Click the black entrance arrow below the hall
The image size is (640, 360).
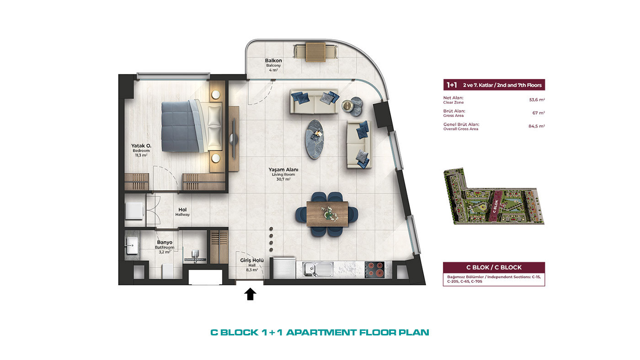[251, 294]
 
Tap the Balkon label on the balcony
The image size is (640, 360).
[273, 60]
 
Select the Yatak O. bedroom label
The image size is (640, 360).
[141, 146]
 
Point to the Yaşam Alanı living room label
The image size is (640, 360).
[283, 169]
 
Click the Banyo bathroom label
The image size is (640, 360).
[165, 243]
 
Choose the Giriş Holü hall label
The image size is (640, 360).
[252, 260]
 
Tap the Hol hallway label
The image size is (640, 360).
[182, 210]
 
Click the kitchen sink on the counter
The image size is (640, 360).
[318, 270]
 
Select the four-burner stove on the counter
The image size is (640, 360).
[374, 270]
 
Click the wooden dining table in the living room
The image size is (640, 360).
[327, 214]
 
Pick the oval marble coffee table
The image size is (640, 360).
[315, 139]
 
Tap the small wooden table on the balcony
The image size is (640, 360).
[315, 52]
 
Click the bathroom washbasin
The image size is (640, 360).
[132, 245]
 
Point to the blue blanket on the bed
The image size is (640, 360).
[181, 127]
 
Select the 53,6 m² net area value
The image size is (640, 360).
[537, 100]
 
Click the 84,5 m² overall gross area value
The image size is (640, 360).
[537, 126]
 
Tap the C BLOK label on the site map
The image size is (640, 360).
[496, 206]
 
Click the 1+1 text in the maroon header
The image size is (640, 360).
[452, 85]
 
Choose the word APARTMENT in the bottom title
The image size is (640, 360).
[321, 332]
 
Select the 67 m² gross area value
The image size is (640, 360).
[539, 113]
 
